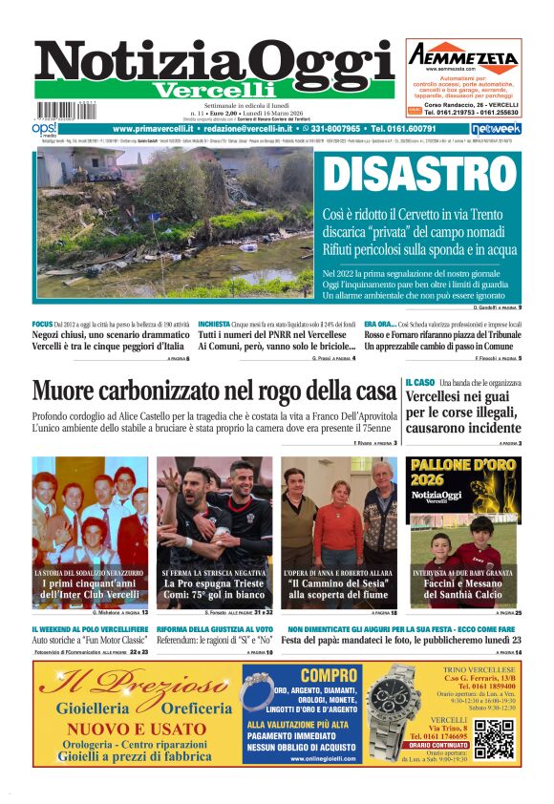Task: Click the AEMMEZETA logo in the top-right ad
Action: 462,55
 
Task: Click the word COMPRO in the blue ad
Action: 314,675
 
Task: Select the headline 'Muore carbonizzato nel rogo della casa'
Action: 215,391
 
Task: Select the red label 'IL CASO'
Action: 420,382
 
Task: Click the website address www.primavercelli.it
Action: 155,128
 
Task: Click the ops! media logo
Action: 44,129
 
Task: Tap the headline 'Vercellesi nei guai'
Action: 462,398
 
